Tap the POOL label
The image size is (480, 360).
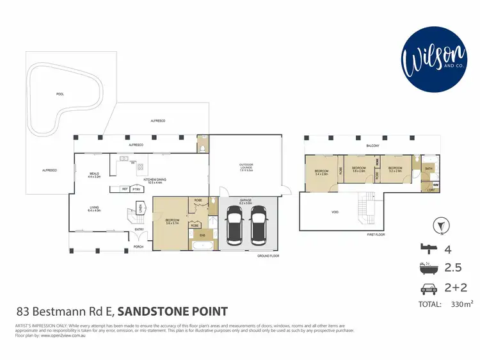60,94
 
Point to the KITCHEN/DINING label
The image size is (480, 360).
155,181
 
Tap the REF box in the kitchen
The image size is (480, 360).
125,189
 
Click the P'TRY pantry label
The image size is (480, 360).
137,189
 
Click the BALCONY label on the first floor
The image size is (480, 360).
373,145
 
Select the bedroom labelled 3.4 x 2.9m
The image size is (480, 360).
321,172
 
